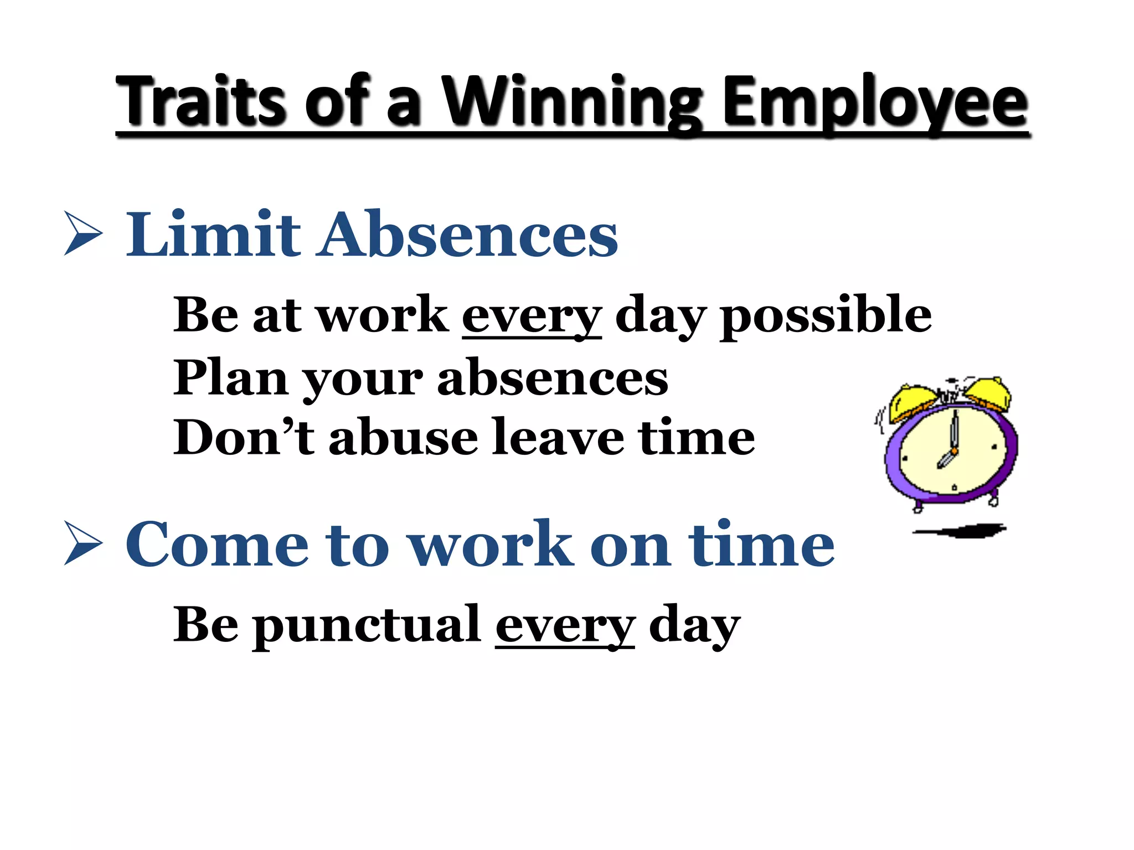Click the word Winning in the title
(574, 102)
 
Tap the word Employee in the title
(875, 102)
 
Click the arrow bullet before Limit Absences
(83, 233)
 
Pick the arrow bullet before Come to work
(83, 543)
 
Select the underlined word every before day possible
(532, 315)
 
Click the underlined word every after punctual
(565, 625)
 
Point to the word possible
(825, 315)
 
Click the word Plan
(230, 377)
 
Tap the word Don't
(244, 437)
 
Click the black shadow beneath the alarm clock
(961, 531)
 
